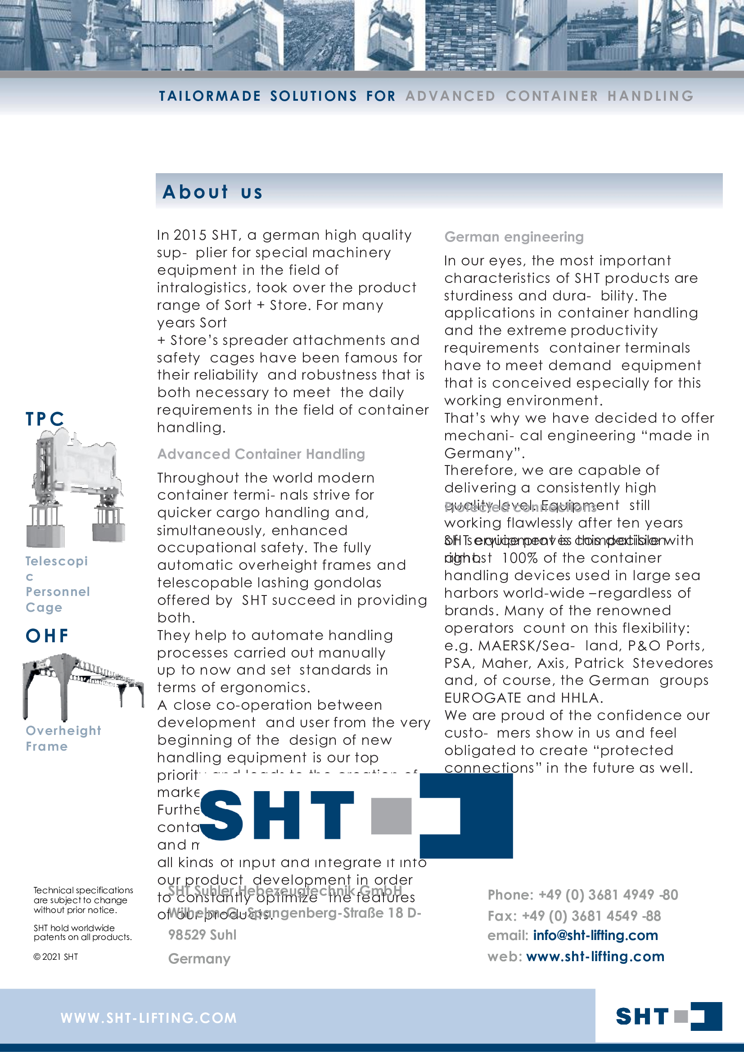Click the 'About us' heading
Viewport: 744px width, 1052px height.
tap(213, 192)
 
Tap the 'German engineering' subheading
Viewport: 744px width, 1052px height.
tap(514, 237)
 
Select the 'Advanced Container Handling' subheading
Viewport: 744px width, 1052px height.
tap(261, 454)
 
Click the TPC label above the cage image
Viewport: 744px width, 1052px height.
tap(45, 419)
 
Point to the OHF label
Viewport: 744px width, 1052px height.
tap(47, 636)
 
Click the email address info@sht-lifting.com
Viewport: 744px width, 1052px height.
tap(595, 935)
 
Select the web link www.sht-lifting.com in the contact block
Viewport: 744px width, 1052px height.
tap(595, 956)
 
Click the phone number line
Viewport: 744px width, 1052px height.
tap(582, 895)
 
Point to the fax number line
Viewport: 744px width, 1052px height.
tap(574, 915)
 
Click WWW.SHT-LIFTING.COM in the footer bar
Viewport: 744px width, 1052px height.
tap(149, 1018)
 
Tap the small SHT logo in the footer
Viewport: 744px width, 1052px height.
tap(668, 1016)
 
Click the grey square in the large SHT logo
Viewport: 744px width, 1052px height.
tap(391, 815)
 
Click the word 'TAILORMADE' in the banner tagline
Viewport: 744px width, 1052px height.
tap(209, 96)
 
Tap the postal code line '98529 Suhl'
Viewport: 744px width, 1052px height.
tap(202, 935)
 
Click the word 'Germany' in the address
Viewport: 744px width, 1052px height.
tap(199, 958)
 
